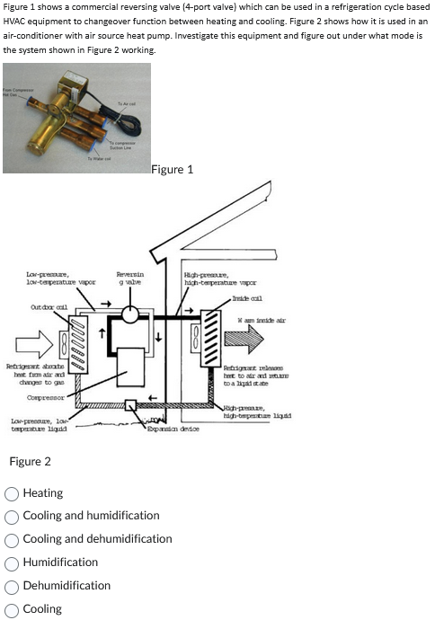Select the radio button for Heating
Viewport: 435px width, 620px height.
[12, 492]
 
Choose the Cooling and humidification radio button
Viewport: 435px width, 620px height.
[12, 516]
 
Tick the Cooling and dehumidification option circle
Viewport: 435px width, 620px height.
[12, 539]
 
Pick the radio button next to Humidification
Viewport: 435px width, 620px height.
[12, 562]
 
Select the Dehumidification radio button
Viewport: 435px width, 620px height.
[12, 586]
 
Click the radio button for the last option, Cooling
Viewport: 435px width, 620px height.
[12, 609]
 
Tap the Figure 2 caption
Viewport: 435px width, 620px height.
[30, 462]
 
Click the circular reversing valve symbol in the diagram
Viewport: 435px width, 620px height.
[131, 314]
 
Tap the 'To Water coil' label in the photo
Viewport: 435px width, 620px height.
[98, 158]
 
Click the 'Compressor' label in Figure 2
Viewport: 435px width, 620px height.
[45, 395]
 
